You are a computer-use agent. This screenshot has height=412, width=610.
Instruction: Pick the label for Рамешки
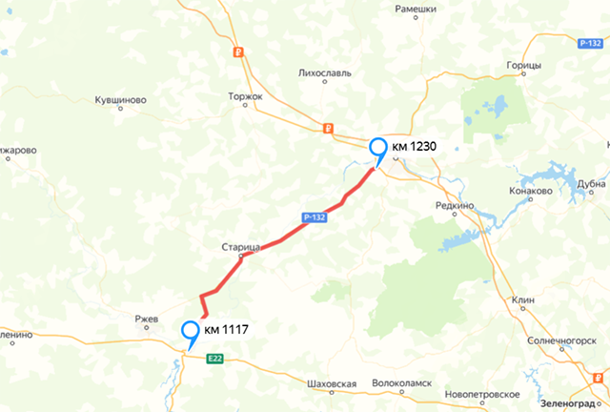coord(416,9)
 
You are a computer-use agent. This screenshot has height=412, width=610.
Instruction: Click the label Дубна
coord(592,185)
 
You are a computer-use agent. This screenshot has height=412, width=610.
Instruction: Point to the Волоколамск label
coord(401,383)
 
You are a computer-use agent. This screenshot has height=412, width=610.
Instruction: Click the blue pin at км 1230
coord(378,150)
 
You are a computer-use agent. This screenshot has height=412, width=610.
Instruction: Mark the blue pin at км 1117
coord(191,334)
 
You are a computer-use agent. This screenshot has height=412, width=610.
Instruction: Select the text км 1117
coord(227,330)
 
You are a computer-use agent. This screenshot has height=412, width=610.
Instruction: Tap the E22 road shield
coord(215,358)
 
